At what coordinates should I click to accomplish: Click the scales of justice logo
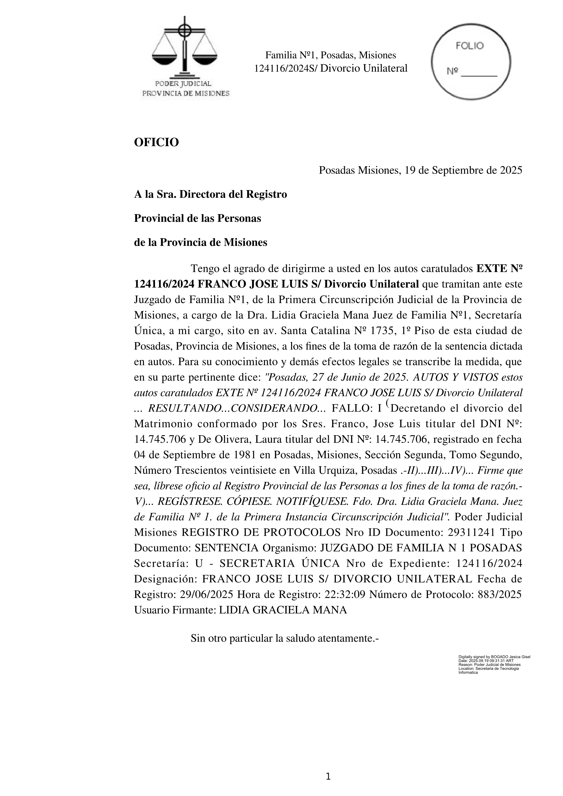coord(184,49)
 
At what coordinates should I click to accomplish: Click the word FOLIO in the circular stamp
coord(470,46)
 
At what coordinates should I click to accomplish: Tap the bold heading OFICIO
coord(156,142)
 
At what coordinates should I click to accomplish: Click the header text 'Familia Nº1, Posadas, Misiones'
coord(330,55)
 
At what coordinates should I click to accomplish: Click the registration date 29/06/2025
coord(207,594)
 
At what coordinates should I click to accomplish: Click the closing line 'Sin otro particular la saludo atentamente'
coord(284,638)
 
